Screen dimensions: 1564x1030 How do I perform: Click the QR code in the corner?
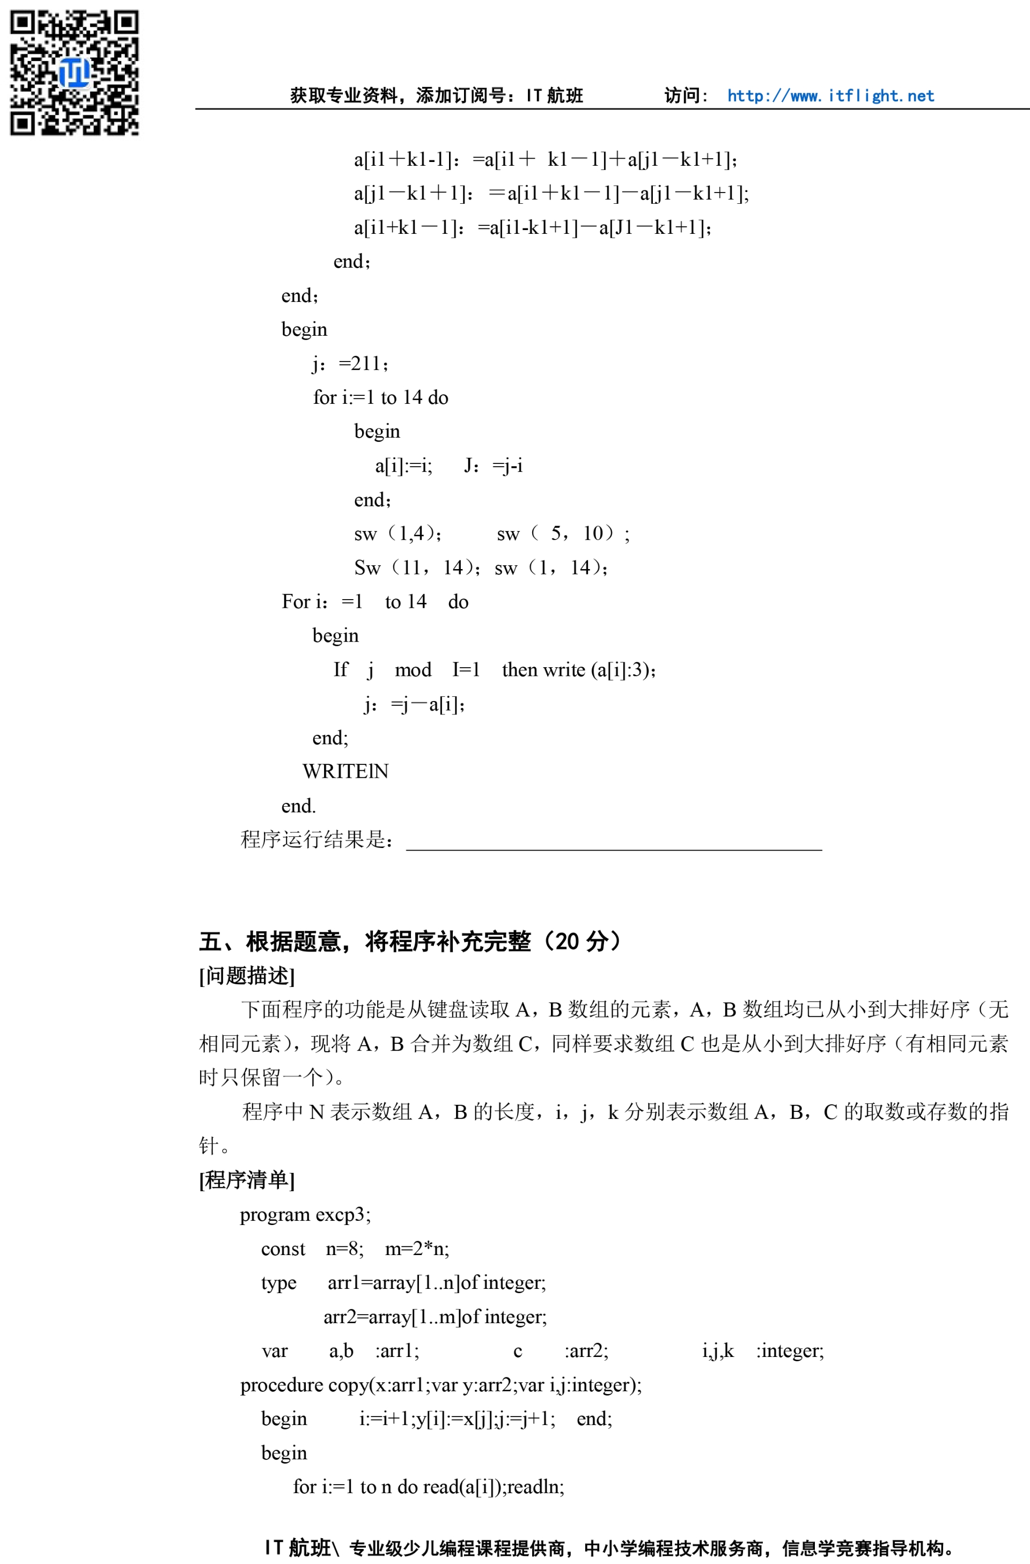[73, 72]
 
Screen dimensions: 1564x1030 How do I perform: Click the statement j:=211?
[350, 364]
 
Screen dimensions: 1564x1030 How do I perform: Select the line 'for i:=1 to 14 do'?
[380, 397]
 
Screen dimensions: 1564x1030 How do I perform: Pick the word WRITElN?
[345, 771]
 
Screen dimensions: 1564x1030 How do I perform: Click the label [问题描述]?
[246, 976]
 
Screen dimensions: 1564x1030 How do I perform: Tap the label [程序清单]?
[246, 1179]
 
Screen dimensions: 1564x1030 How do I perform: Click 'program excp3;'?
[305, 1214]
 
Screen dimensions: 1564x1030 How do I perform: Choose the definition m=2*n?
[417, 1249]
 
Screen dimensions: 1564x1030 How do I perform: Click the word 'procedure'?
[281, 1385]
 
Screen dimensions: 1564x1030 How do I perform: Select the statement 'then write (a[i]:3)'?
[578, 669]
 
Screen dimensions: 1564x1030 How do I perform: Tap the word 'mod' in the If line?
[413, 669]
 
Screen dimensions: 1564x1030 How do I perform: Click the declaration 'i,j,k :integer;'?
[762, 1351]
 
